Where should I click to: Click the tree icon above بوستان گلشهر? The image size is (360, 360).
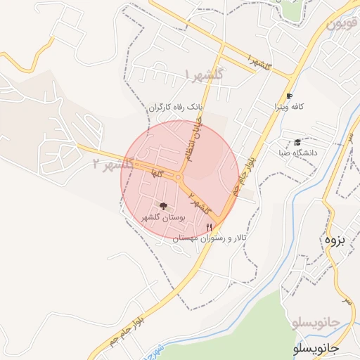[x=164, y=206]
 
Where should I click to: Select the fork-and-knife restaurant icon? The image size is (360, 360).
[x=209, y=226]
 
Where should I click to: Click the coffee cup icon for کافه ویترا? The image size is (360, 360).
[x=289, y=95]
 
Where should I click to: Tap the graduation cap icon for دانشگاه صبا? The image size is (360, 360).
[x=297, y=141]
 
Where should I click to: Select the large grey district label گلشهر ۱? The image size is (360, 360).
[x=205, y=73]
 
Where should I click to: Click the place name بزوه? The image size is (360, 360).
[x=335, y=239]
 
